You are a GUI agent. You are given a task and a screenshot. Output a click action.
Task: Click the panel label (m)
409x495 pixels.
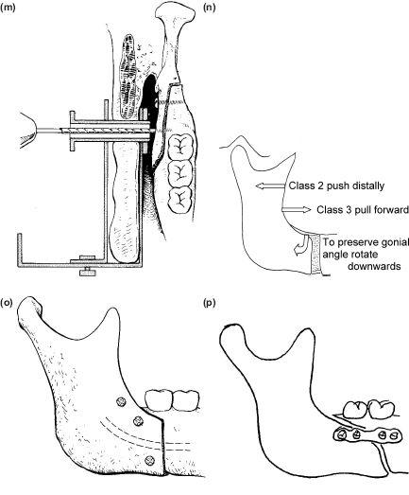pos(9,8)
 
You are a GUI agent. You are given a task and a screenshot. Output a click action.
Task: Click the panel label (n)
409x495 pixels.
pos(210,8)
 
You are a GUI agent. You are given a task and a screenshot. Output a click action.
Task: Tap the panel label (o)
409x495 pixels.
pos(7,303)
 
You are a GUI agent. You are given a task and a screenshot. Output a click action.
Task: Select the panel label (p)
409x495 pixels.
pos(210,304)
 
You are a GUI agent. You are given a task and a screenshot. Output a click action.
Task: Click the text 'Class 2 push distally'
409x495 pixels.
pos(336,186)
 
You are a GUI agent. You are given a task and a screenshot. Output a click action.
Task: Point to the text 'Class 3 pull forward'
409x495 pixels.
pos(363,209)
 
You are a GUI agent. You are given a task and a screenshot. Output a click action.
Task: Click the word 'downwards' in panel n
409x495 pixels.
pos(374,266)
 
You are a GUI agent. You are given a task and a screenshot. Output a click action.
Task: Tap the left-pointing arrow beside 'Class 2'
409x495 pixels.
pos(271,186)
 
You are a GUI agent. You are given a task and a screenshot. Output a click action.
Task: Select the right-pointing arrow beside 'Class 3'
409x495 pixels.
pos(297,209)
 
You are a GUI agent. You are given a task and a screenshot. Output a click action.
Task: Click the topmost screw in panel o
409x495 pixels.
pos(121,402)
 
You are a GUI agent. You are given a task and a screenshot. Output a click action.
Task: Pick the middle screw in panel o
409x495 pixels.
pos(138,420)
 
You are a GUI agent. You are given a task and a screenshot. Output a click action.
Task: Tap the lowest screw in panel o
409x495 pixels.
pos(149,461)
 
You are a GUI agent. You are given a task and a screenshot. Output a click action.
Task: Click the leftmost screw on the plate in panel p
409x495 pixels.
pos(341,435)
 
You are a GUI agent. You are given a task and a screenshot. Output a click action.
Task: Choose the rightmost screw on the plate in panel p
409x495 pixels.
pos(394,436)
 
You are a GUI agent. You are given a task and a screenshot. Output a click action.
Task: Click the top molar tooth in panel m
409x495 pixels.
pos(179,147)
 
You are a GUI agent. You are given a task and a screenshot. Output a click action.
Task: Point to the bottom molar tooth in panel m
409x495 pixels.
pos(179,200)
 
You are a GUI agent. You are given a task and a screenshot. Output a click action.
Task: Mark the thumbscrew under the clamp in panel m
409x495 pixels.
pos(88,272)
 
